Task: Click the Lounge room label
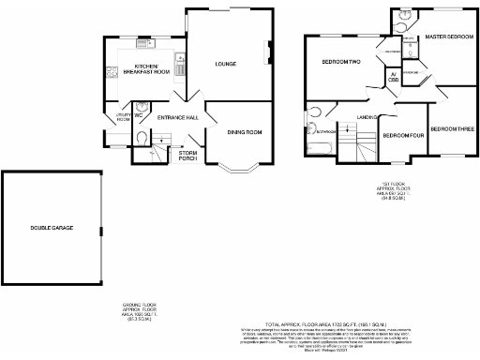pos(225,64)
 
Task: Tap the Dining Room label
pos(244,133)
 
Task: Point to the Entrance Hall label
pos(176,118)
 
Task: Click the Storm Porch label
pos(188,155)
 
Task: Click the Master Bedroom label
pos(448,37)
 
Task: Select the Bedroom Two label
pos(341,62)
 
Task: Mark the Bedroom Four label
pos(403,135)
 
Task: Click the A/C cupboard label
pos(393,78)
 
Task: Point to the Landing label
pos(367,117)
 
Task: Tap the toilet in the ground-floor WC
pos(139,137)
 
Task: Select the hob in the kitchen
pos(112,70)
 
